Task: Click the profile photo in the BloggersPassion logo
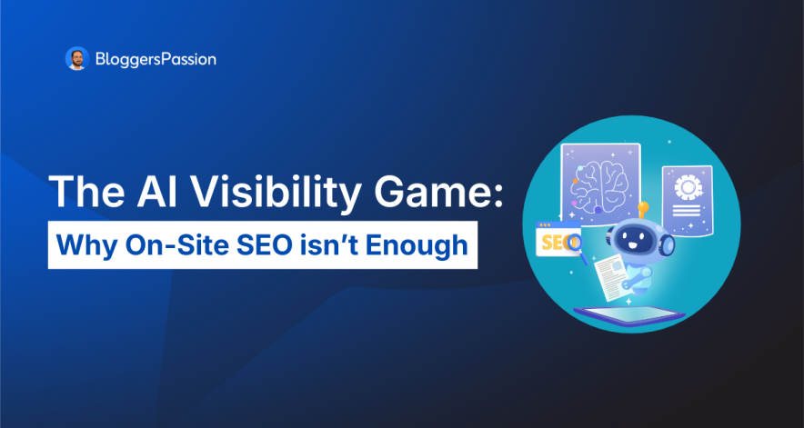click(x=76, y=59)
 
